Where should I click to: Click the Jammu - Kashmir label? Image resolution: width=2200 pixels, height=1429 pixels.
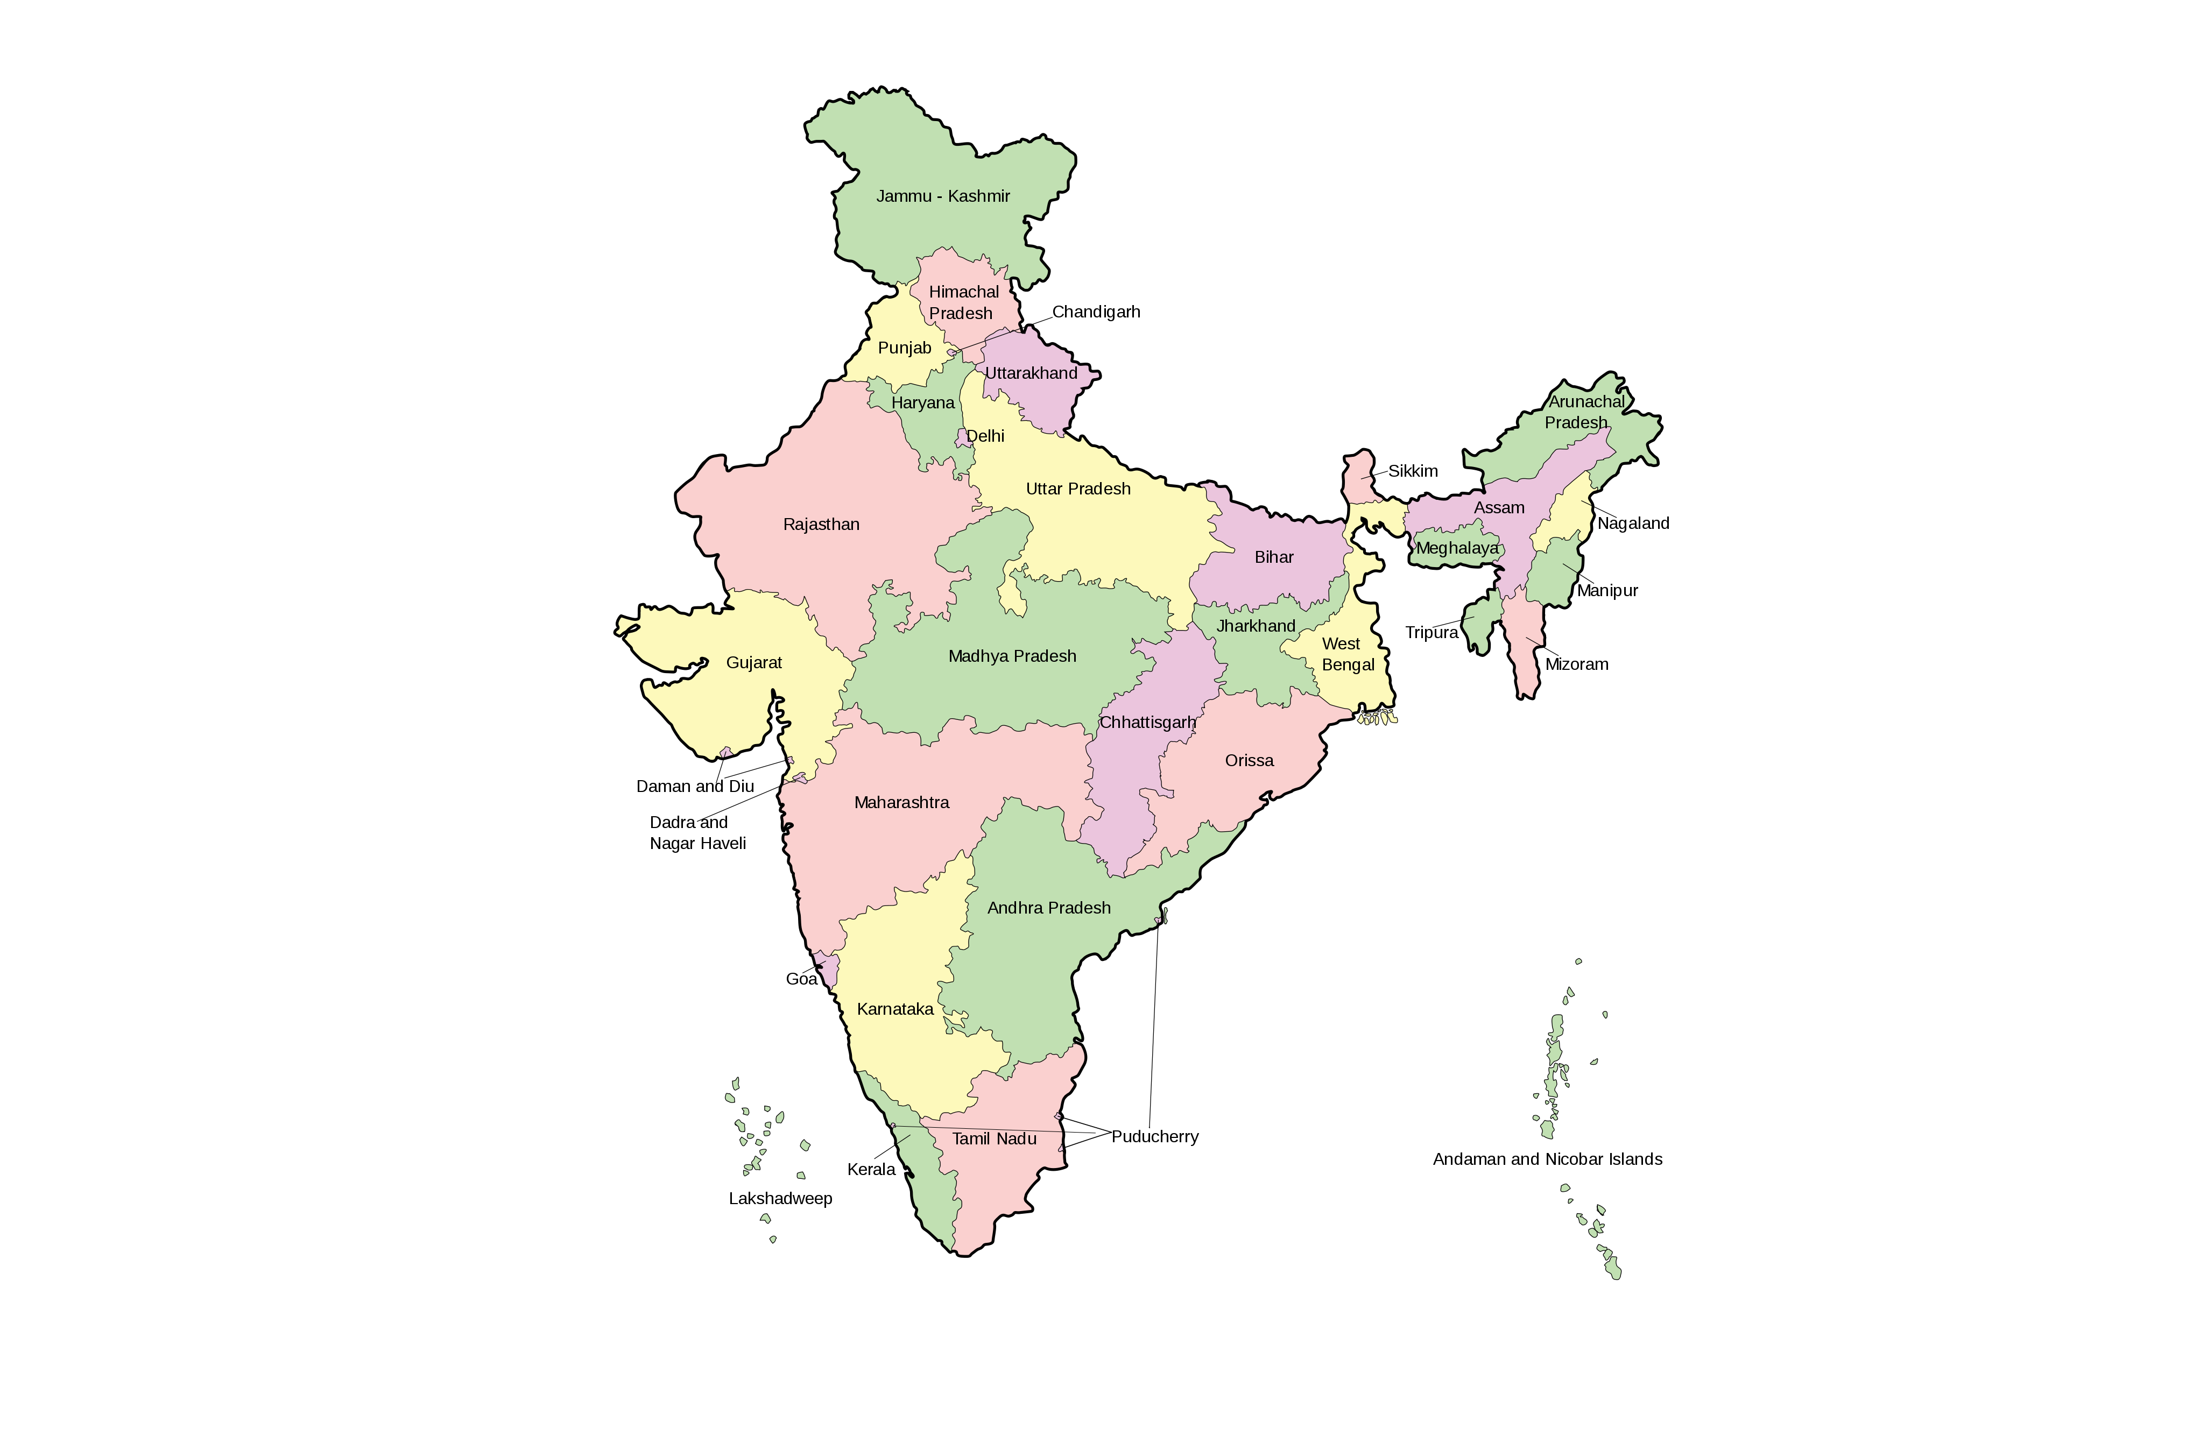click(x=943, y=196)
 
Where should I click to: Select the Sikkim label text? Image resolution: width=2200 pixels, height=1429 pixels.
click(x=1413, y=470)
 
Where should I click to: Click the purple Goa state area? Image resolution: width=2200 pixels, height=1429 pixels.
click(x=829, y=971)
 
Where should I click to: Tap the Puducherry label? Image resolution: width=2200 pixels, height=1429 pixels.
click(x=1154, y=1136)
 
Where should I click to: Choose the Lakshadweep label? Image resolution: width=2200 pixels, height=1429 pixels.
click(x=780, y=1198)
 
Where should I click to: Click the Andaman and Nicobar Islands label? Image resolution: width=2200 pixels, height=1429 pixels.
click(x=1547, y=1159)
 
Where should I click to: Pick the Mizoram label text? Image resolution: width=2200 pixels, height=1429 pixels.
click(x=1576, y=664)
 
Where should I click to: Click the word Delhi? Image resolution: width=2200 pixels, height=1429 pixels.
click(x=985, y=435)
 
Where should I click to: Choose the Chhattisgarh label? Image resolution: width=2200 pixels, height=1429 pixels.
click(x=1147, y=722)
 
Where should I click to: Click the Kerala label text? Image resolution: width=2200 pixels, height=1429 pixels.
click(x=871, y=1169)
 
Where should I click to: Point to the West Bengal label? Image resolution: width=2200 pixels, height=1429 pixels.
click(x=1347, y=654)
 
